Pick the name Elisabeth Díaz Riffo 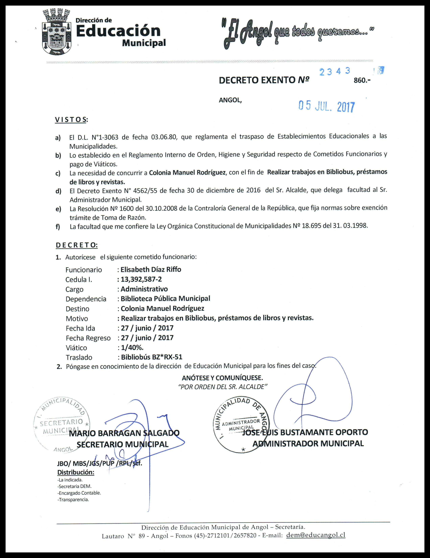[x=151, y=270]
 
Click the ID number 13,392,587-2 [x=141, y=279]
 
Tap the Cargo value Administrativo [x=144, y=289]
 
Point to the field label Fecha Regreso [x=88, y=338]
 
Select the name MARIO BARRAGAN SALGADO [x=124, y=433]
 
